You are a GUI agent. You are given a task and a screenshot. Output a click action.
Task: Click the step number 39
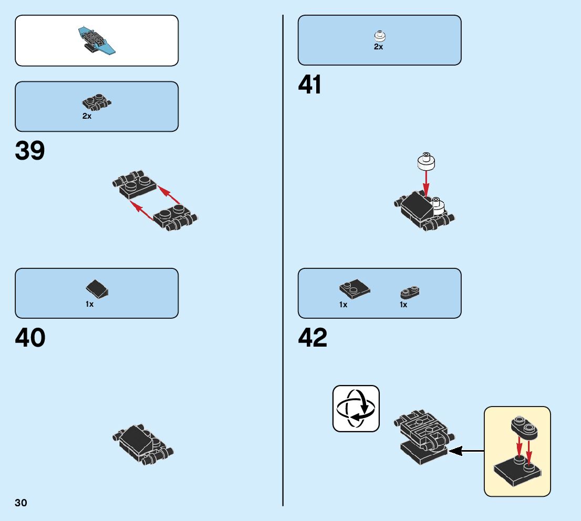[x=30, y=151]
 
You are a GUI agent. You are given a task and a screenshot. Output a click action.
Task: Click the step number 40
[x=30, y=338]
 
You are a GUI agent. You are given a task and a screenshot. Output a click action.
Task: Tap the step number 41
[x=310, y=85]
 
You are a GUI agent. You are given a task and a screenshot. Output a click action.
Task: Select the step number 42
[x=313, y=338]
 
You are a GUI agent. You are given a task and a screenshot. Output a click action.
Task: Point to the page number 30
[x=21, y=503]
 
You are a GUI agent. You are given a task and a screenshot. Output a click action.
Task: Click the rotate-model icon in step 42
[x=356, y=409]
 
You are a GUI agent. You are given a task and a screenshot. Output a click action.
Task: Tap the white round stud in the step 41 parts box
[x=379, y=37]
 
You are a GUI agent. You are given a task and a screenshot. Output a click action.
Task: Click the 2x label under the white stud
[x=378, y=47]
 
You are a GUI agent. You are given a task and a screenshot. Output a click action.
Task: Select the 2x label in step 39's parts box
[x=87, y=116]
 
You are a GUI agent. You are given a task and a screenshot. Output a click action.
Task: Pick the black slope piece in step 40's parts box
[x=97, y=288]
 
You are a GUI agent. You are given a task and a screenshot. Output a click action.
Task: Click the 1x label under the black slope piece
[x=90, y=304]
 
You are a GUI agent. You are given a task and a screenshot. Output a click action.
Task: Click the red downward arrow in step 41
[x=426, y=184]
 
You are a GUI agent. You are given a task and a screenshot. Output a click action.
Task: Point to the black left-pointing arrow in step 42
[x=466, y=451]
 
